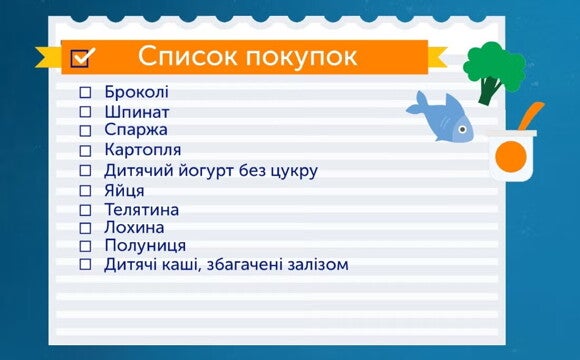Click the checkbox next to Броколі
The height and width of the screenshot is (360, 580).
[x=85, y=93]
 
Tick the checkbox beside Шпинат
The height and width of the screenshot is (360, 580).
[x=85, y=112]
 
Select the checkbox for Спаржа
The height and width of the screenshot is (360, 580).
[x=85, y=131]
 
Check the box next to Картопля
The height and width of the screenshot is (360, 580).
[x=85, y=151]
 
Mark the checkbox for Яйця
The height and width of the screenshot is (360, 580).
[x=85, y=190]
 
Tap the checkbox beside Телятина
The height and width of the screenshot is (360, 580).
[x=85, y=209]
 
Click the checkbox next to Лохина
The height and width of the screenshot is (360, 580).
[x=85, y=228]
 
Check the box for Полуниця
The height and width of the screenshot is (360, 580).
[x=85, y=246]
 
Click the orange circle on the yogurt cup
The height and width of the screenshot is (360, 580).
[x=510, y=155]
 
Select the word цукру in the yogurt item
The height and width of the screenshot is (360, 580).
[x=294, y=170]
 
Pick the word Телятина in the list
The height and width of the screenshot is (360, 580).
[x=142, y=209]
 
